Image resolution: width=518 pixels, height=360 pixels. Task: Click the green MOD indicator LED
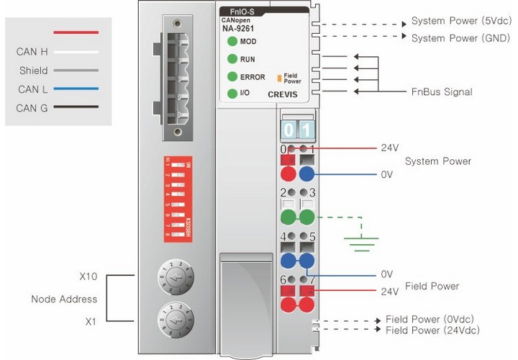[232, 42]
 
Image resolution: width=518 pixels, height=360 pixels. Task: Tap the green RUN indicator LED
[232, 59]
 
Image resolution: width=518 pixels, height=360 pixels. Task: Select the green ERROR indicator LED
[232, 76]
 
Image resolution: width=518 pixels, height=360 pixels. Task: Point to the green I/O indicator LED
[232, 94]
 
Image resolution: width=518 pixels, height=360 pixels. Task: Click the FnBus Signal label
[442, 92]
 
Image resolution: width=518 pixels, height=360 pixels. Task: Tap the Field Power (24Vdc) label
[432, 330]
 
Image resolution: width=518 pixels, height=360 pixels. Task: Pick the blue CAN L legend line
[76, 89]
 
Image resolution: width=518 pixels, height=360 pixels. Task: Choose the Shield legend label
[34, 71]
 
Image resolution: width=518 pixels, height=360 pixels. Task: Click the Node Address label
[63, 299]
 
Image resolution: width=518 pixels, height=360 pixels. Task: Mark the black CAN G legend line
[76, 108]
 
